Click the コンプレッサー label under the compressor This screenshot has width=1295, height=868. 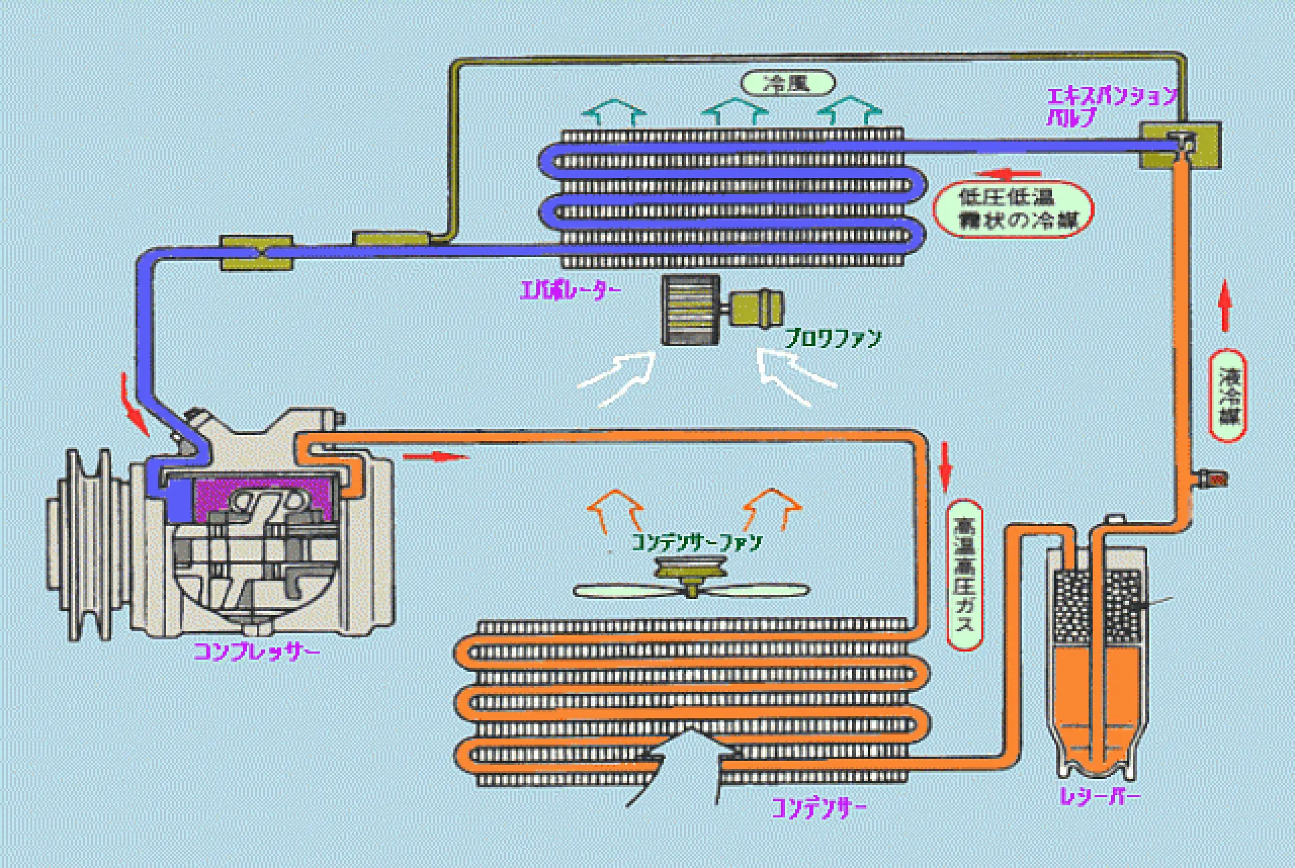256,652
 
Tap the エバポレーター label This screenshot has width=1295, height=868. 570,291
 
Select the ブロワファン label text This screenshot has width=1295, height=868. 833,338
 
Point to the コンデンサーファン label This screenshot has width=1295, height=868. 696,542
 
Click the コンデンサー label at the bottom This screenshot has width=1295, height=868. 818,807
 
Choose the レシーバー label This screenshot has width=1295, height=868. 1099,797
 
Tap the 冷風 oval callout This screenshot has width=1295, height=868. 787,83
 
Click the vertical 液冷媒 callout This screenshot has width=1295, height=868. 1227,396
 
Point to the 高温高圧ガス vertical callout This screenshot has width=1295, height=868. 965,575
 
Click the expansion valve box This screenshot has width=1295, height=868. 1180,144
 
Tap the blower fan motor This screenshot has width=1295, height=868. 757,309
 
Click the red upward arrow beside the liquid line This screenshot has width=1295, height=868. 1226,306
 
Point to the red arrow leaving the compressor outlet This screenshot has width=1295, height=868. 434,457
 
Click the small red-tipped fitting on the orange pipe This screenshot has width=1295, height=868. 1215,479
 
